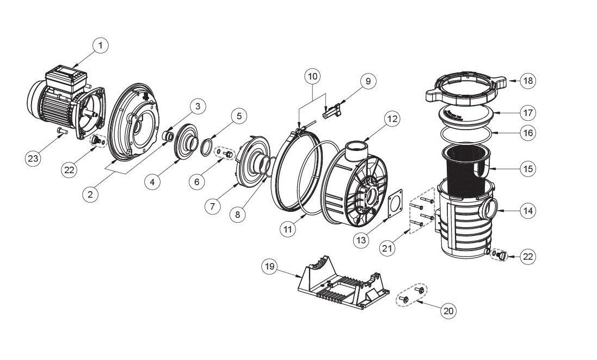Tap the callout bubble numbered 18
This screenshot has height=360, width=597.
click(527, 81)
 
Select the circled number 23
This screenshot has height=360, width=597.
click(34, 158)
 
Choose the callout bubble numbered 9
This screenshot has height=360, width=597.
click(368, 81)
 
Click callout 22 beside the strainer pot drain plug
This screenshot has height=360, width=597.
click(527, 257)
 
